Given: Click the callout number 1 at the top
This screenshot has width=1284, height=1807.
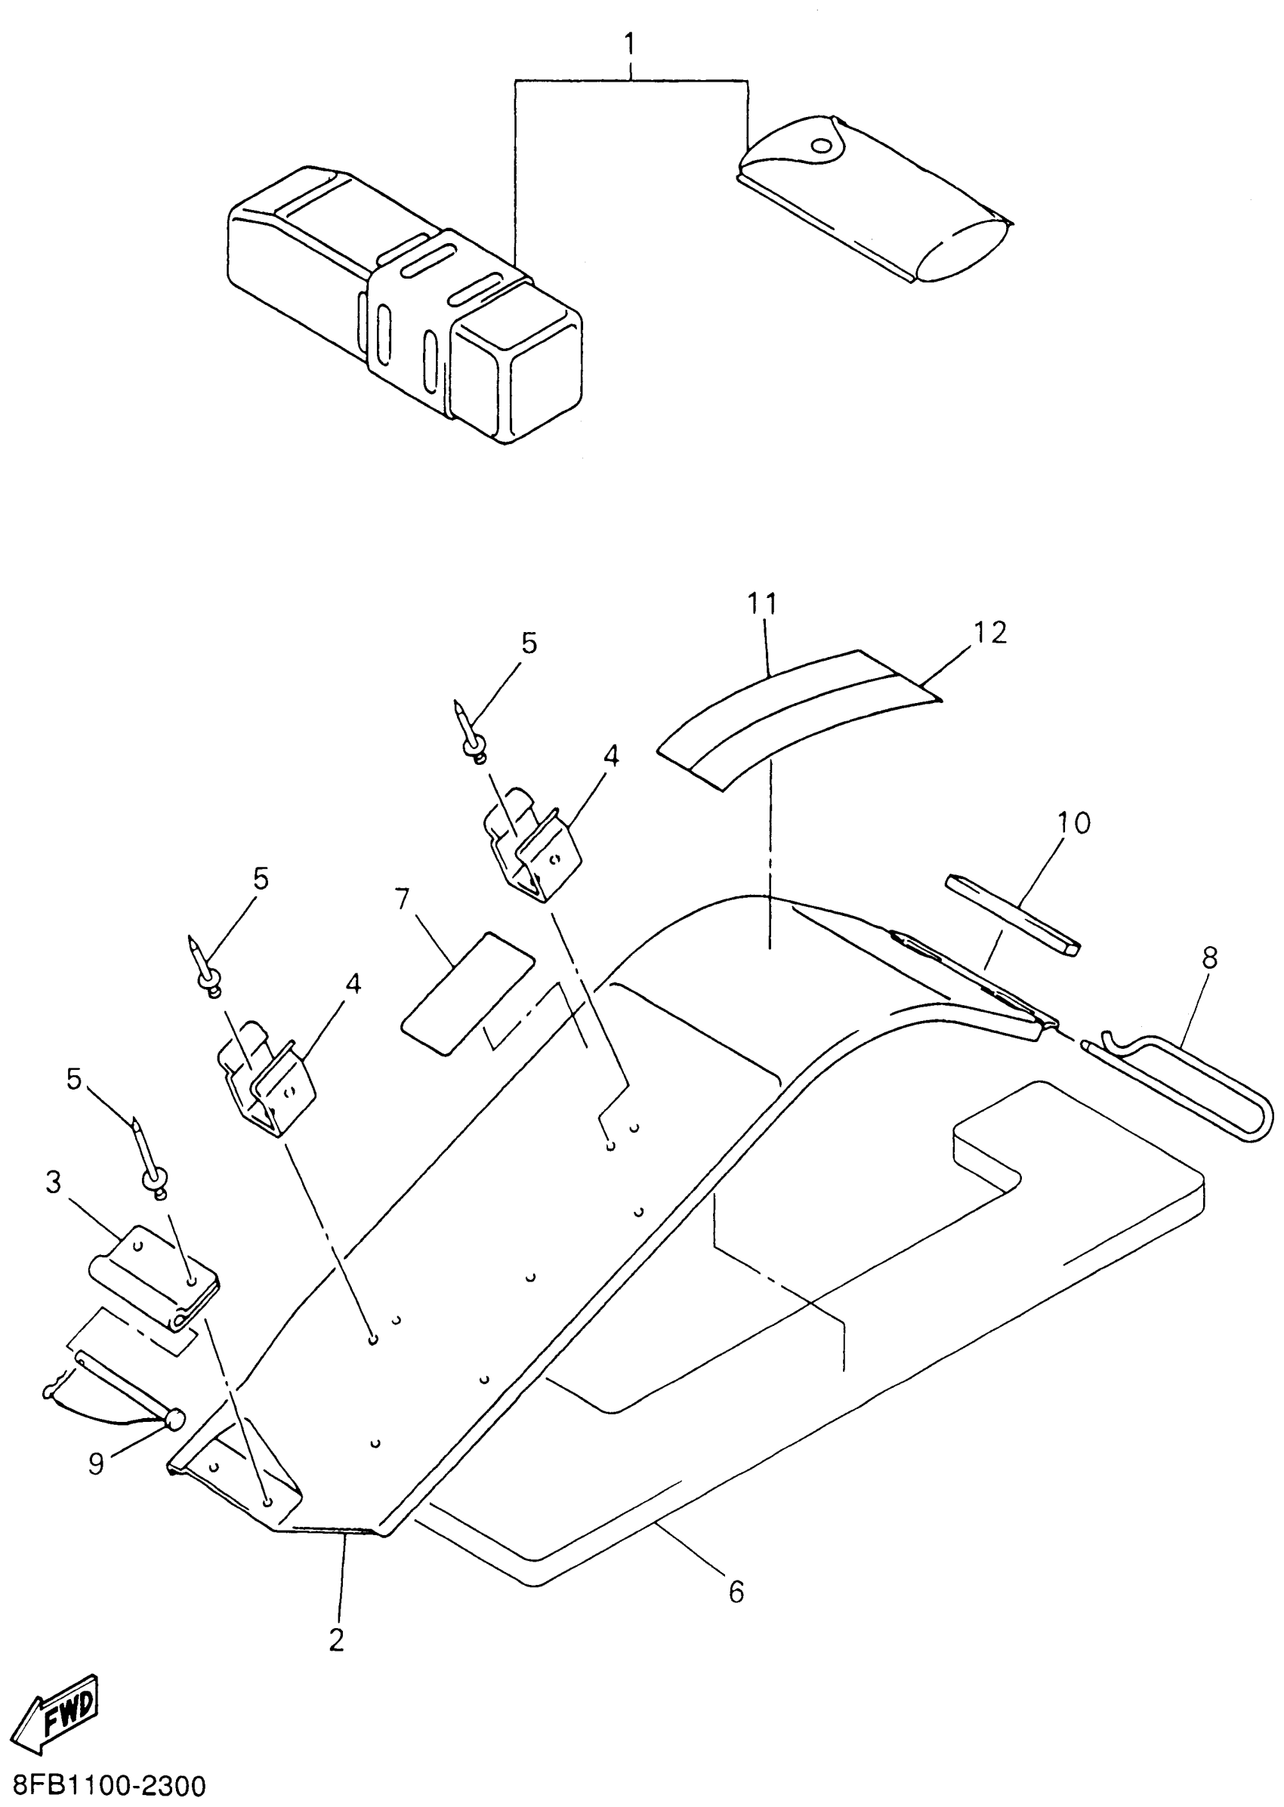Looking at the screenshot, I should [630, 45].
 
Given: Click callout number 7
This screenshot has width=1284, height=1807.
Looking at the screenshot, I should [403, 899].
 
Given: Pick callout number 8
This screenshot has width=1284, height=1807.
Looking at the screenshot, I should [1209, 958].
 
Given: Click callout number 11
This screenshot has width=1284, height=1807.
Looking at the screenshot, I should [762, 603].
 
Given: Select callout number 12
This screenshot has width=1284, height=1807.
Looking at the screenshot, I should [990, 632].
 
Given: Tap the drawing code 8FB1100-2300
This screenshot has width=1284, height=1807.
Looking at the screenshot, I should [103, 1785].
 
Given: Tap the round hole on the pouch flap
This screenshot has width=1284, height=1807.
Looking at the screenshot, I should [823, 146].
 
